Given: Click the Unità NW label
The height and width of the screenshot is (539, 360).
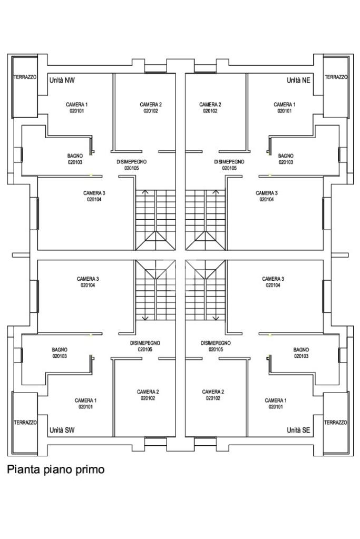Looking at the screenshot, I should [62, 81].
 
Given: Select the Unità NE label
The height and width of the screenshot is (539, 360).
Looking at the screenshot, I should [298, 81].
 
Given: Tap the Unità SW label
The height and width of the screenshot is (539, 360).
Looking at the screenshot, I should [62, 430].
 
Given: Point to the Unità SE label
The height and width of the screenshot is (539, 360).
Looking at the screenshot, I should [298, 430].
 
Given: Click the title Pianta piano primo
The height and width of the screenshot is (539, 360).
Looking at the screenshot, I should [55, 469].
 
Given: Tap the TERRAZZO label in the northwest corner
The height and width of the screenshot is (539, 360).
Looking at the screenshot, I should [25, 77].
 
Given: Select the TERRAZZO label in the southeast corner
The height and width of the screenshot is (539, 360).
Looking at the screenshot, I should [336, 423].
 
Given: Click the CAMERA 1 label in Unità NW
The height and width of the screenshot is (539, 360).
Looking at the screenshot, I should [76, 104].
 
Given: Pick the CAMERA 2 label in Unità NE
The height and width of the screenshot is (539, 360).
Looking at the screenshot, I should [210, 104].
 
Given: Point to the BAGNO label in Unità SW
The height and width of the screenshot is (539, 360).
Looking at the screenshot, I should [60, 350].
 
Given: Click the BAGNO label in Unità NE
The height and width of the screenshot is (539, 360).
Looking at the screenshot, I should [286, 156].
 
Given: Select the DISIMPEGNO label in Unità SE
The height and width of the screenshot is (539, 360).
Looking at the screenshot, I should [216, 343].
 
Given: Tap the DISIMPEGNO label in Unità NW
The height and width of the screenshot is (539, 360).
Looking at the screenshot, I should [131, 162].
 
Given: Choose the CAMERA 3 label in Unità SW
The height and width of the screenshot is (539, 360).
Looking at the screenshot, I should [87, 279].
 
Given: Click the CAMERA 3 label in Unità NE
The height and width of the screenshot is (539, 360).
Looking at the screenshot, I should [267, 193].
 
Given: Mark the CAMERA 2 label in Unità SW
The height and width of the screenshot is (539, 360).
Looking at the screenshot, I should [148, 391].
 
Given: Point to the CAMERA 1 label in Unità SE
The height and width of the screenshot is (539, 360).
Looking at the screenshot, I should [276, 400].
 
